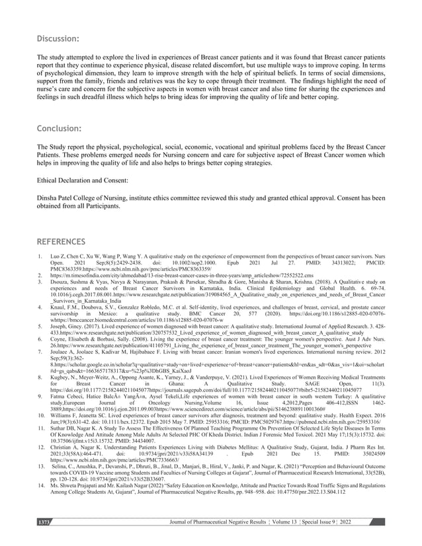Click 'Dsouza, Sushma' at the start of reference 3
click(x=71, y=282)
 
